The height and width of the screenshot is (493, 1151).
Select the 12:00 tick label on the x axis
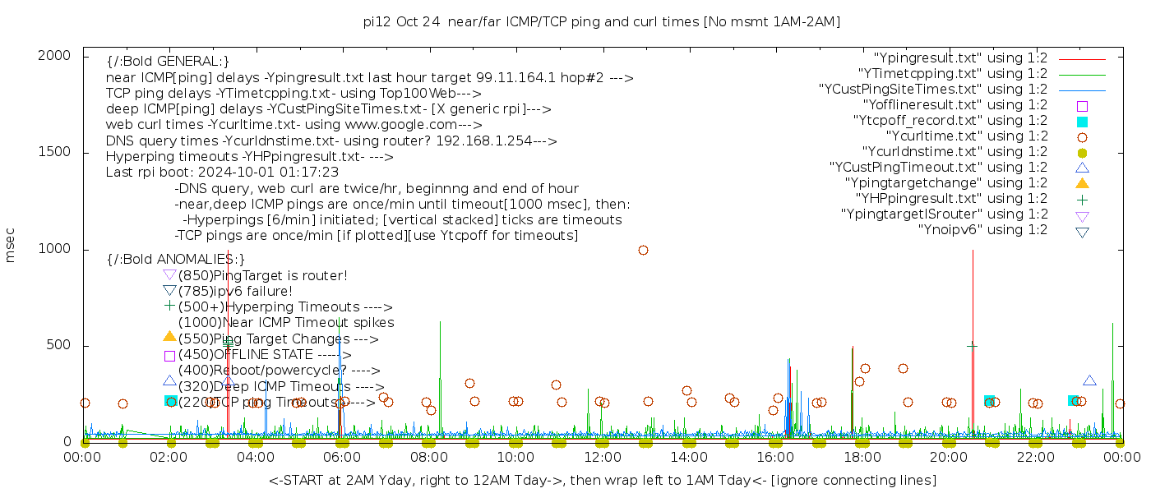[603, 458]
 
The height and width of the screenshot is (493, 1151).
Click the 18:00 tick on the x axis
[862, 458]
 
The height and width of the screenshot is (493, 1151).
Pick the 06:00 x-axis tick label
[343, 458]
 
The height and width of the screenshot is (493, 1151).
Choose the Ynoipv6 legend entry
[982, 230]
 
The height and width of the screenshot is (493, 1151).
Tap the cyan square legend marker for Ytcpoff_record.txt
[1082, 122]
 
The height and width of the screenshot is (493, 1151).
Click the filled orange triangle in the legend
[1082, 183]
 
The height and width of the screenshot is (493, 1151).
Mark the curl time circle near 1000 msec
[643, 250]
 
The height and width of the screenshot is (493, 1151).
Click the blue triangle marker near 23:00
[1089, 380]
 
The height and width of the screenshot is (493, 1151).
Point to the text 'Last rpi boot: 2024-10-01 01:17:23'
[222, 173]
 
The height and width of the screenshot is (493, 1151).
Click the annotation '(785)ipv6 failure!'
[235, 292]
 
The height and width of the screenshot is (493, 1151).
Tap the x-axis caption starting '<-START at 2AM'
[602, 480]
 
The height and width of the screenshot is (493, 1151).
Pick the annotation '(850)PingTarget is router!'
[262, 276]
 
